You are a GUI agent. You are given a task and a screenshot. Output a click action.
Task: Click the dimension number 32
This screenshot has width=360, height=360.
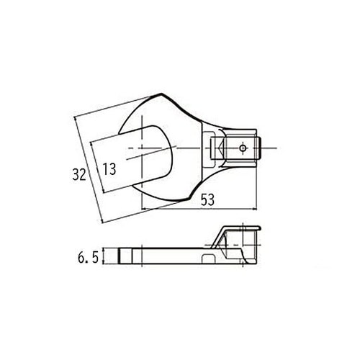(79, 174)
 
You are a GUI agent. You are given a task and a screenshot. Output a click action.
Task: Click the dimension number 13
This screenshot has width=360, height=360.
(109, 169)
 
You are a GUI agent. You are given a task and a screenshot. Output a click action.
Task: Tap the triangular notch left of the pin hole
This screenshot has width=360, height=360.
(215, 150)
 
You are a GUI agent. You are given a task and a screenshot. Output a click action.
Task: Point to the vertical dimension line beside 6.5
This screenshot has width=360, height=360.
(105, 256)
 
